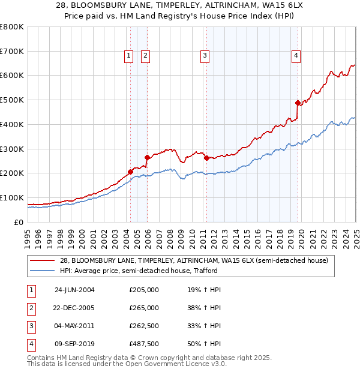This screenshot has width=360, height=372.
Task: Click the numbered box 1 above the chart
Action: pos(128,56)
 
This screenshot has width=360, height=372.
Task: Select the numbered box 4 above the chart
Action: pos(296,56)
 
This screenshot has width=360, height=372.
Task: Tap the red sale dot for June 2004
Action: pos(130,172)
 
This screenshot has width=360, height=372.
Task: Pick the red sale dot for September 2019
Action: pos(298,103)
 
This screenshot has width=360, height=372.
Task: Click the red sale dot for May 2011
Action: pos(206,158)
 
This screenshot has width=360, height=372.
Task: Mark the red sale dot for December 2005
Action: pos(147,157)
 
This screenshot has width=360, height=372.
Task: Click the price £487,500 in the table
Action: pos(144,344)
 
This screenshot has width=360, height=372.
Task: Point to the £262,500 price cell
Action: pos(144,326)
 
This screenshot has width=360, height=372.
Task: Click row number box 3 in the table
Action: pos(31,326)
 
